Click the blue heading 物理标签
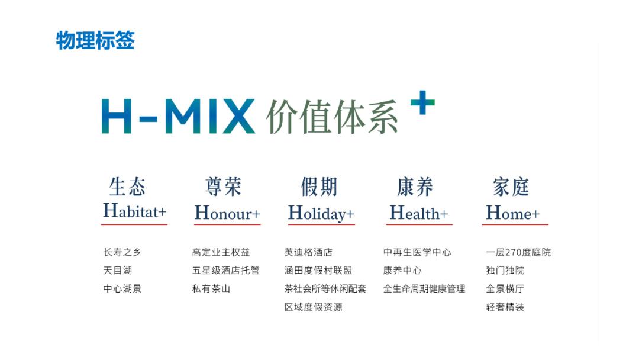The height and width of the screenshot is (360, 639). pos(95,41)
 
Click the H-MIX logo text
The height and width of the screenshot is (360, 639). pos(178,116)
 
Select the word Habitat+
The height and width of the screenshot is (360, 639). pos(134,211)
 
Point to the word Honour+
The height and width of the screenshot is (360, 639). pos(227,213)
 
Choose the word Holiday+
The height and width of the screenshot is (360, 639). pos(321,213)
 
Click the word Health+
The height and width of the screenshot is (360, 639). pos(419,213)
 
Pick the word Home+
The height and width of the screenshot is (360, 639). pos(513,213)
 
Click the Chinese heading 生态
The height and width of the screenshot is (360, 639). pos(127,187)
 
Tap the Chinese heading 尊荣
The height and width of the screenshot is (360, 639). pos(223,187)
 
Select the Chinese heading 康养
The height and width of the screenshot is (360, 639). pos(415,187)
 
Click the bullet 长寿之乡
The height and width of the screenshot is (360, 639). pos(122,252)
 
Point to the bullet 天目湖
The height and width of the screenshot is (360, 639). pos(118,271)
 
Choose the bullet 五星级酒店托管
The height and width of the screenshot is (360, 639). pos(225,271)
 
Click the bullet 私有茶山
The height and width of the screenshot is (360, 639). pos(211,289)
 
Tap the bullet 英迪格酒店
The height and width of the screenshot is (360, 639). pos(308,252)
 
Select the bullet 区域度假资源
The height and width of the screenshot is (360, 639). pos(313,307)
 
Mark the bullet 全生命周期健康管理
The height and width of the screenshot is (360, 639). pos(424,289)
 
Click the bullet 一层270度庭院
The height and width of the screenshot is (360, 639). pos(518,252)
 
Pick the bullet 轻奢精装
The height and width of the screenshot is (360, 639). pos(505,307)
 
